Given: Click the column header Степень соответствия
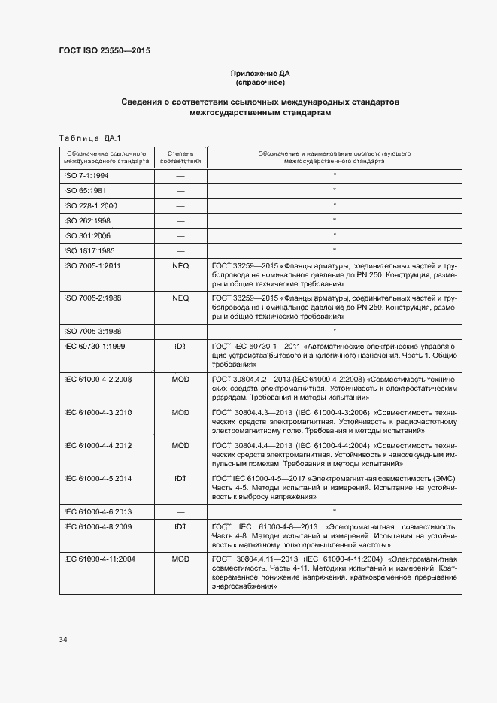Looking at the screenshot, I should coord(180,157).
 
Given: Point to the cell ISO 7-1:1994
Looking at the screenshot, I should coord(86,175).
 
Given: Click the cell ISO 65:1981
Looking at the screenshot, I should coord(84,190).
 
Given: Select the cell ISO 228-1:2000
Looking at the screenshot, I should coord(90,205).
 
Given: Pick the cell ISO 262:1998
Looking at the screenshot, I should coord(86,220).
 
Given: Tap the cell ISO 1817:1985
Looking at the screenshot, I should coord(89,250).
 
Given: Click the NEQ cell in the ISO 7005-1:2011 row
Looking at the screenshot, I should coord(180,266).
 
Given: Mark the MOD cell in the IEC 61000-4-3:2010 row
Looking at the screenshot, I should coord(180,412).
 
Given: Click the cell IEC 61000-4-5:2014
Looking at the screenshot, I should coord(98,478).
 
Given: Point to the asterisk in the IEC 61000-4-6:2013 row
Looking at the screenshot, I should coord(334,511).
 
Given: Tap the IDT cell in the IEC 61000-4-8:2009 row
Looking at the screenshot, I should coord(180,526).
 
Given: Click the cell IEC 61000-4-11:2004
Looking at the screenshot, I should coord(100,559).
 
